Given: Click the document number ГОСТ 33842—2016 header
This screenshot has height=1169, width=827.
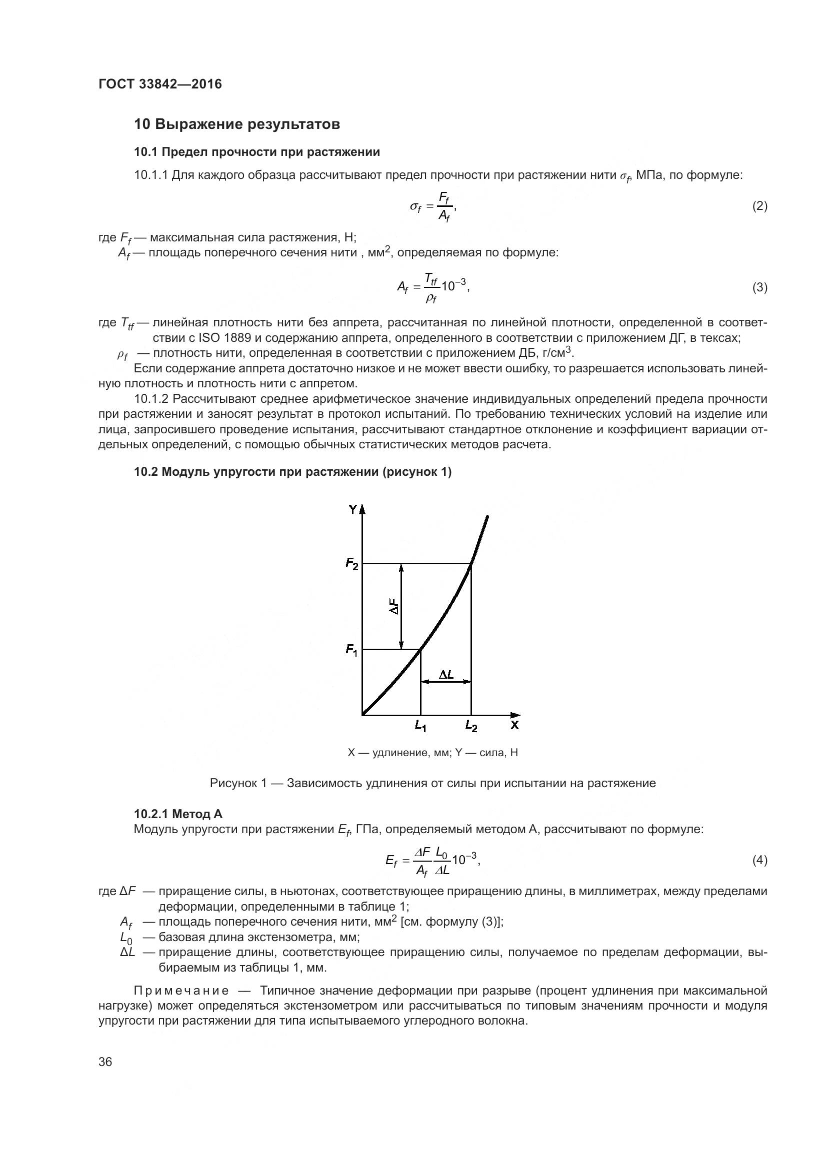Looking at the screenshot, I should tap(160, 84).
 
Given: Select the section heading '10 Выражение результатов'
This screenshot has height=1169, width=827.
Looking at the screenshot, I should tap(237, 124).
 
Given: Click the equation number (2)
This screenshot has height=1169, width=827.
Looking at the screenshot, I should tap(759, 206).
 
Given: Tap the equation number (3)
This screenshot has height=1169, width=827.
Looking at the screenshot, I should tap(759, 288).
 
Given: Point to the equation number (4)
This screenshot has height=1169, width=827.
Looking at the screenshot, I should tap(759, 861).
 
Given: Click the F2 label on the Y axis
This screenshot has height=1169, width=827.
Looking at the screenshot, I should tap(352, 564).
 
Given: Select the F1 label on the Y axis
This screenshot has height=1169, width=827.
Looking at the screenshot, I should tap(352, 650).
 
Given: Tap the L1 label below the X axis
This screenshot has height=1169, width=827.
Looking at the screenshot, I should tap(420, 726).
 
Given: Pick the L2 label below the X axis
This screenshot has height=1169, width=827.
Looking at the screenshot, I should tap(471, 726).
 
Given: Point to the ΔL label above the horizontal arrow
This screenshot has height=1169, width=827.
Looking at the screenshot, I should tap(446, 675).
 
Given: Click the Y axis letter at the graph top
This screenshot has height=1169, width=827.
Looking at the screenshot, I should tap(352, 509).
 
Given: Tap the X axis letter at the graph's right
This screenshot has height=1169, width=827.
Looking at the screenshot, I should tap(515, 725).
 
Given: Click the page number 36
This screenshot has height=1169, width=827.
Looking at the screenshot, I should tap(105, 1062).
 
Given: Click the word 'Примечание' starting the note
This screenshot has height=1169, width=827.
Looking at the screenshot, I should tap(181, 990).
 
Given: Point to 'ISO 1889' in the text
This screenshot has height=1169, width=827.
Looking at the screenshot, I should tap(222, 337).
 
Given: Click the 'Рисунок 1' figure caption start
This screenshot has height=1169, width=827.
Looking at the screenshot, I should tap(238, 783).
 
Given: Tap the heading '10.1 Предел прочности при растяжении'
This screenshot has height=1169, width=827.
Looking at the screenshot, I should tap(256, 152).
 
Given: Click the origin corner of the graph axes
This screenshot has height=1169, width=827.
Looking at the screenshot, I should tap(362, 715).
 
